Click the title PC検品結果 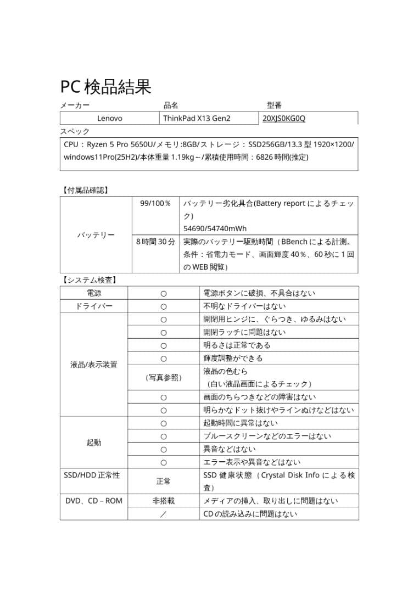tap(105, 86)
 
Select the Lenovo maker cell tap(109, 118)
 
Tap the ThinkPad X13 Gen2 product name tap(197, 118)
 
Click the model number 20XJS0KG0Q tap(284, 118)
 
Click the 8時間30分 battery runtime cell tap(155, 241)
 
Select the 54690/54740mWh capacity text tap(215, 228)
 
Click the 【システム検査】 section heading tap(89, 279)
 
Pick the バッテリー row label tap(96, 235)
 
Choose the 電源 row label tap(94, 293)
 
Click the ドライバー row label tap(94, 306)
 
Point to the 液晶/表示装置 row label tap(94, 365)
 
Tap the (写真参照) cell tap(163, 377)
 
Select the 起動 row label tap(94, 443)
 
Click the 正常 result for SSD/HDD tap(163, 481)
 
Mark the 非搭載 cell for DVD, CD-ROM tap(163, 501)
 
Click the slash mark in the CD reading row tap(163, 514)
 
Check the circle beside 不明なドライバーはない tap(163, 306)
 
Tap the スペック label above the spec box tap(75, 132)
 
